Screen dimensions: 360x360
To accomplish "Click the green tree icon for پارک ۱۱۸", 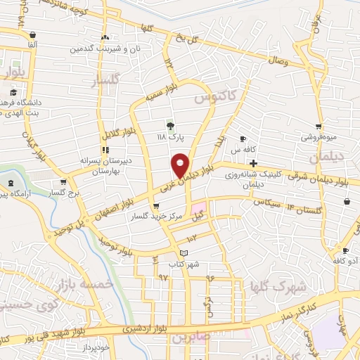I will (169, 127).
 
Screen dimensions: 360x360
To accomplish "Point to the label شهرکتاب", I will (184, 264).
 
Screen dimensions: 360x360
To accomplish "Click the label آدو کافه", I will (345, 261).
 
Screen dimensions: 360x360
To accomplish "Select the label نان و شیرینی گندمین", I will (104, 49).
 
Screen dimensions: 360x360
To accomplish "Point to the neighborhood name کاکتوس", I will (217, 96).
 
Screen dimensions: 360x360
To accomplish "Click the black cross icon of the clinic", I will (252, 163).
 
